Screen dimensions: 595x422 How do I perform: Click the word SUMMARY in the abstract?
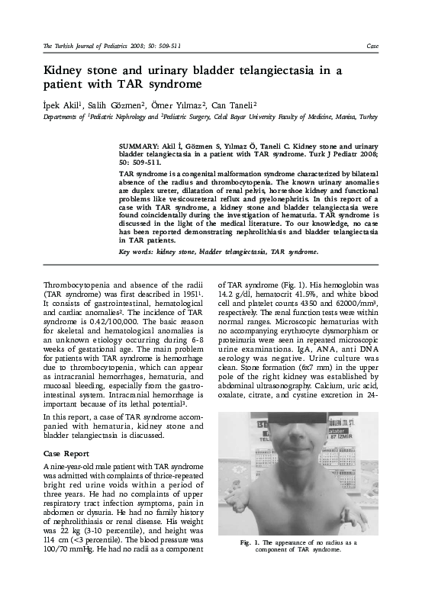(x=138, y=143)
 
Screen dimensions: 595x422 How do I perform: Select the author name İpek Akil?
(x=60, y=103)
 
